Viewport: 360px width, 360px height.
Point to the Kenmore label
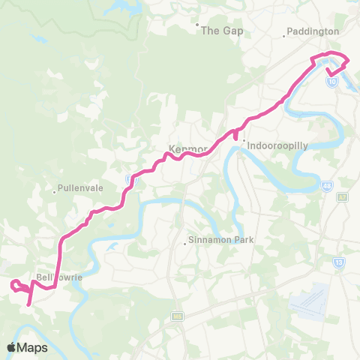[187, 148]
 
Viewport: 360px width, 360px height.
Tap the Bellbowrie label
[58, 276]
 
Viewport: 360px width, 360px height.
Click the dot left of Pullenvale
[55, 190]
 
